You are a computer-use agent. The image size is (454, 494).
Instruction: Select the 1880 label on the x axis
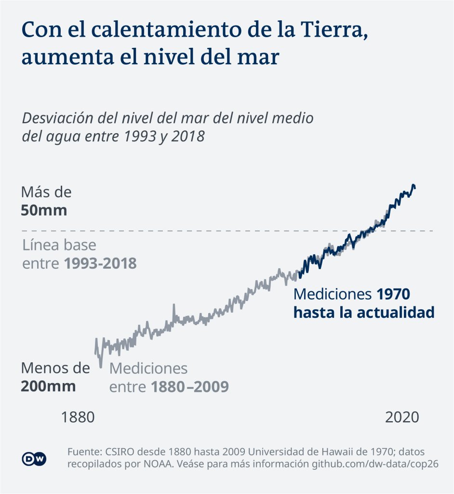(78, 417)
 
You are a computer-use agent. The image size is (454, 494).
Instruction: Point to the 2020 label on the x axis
(402, 417)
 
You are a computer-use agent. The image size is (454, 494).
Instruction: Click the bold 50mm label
(44, 211)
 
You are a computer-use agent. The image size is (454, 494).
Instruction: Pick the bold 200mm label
(48, 386)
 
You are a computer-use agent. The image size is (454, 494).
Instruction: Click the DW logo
(34, 459)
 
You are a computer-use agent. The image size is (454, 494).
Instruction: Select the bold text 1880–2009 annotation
(189, 387)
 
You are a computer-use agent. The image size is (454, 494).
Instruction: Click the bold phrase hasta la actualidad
(364, 312)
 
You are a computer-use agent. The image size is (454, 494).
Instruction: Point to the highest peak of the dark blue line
(413, 185)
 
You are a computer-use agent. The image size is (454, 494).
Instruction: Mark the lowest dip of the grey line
(101, 366)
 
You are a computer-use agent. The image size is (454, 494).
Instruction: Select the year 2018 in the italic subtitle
(188, 137)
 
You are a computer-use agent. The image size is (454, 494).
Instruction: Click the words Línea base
(59, 245)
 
